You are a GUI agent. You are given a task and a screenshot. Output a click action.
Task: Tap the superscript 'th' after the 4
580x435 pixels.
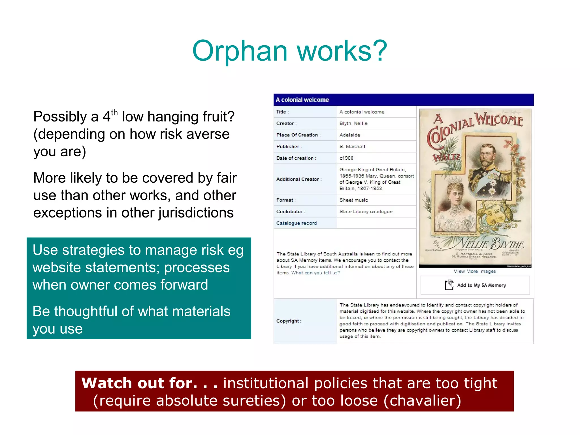(114, 112)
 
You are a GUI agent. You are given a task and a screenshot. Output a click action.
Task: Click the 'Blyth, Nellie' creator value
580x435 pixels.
(353, 123)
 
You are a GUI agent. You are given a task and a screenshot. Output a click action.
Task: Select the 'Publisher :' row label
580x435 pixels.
(289, 146)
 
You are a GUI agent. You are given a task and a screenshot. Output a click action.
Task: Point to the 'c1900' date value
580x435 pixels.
(346, 158)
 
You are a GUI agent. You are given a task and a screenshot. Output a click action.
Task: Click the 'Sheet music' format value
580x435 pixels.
(353, 200)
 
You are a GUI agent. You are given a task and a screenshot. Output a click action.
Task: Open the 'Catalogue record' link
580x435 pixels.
(296, 223)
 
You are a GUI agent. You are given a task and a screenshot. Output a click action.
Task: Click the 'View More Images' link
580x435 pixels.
(475, 271)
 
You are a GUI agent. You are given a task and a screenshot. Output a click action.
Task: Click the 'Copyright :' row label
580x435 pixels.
(289, 321)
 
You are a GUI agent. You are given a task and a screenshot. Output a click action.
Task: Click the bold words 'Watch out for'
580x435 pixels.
(139, 383)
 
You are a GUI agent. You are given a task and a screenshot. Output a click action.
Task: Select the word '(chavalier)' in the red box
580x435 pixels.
(422, 400)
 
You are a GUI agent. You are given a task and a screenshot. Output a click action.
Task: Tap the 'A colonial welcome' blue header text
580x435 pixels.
(302, 100)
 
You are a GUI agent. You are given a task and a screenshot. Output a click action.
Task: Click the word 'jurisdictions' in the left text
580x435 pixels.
(196, 213)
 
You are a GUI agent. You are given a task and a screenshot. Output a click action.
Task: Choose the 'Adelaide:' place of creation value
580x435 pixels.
(350, 135)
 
